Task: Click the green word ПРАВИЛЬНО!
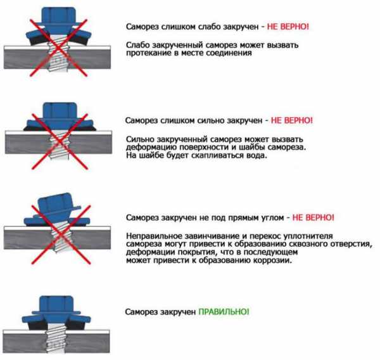tap(224, 311)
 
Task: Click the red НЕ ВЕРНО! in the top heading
tap(288, 27)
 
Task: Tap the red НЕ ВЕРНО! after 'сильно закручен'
tap(292, 120)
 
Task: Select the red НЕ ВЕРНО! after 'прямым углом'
tap(313, 217)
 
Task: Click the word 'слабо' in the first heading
tap(210, 27)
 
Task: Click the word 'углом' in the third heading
tap(273, 218)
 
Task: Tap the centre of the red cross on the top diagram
tap(58, 48)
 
